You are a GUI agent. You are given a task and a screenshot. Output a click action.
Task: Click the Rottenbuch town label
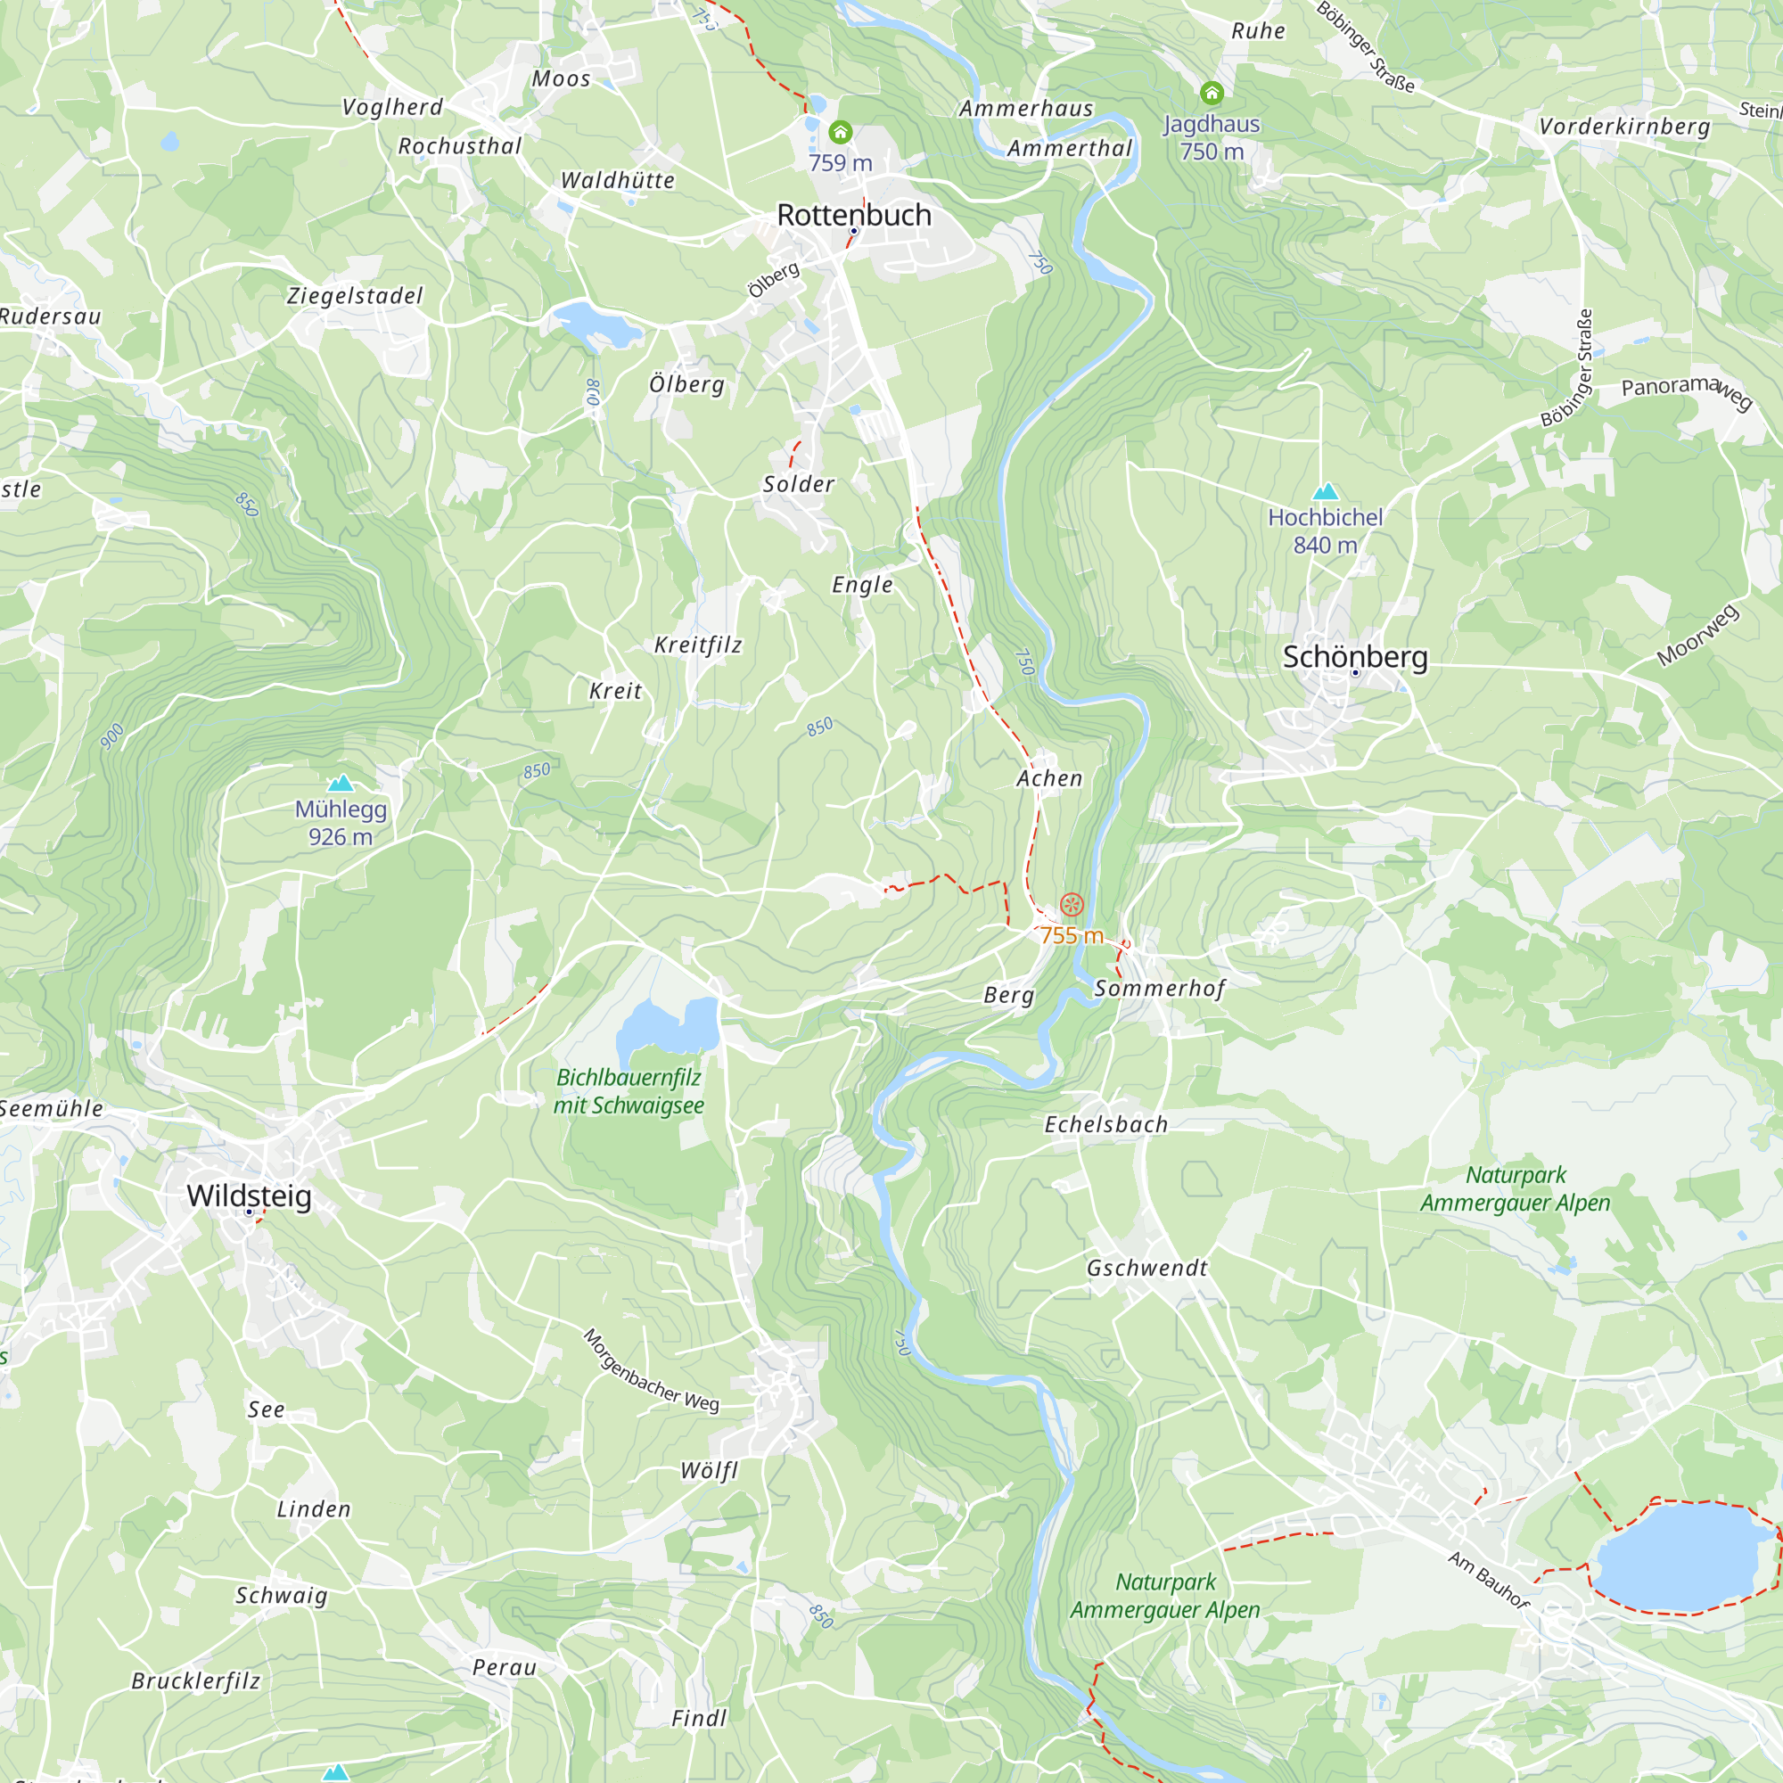tap(854, 215)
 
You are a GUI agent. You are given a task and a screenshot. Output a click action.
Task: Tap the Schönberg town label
tap(1355, 657)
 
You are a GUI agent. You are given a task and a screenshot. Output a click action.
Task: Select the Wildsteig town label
tap(250, 1196)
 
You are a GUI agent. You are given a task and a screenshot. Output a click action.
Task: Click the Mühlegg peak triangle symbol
tap(341, 784)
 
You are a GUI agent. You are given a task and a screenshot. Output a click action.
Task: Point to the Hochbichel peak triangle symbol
tap(1326, 492)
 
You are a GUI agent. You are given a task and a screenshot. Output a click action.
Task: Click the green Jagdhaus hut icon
tap(1211, 94)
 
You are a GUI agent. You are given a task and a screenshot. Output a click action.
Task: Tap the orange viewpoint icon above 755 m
tap(1072, 904)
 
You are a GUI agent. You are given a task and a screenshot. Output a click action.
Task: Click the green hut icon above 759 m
tap(840, 132)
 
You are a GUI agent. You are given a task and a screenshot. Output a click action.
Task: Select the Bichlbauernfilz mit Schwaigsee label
tap(629, 1091)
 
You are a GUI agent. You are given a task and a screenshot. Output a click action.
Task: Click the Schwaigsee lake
tap(670, 1027)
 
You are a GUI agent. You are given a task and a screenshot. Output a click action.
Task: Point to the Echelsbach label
tap(1105, 1124)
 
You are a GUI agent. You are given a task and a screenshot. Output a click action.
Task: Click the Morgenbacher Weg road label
tap(652, 1370)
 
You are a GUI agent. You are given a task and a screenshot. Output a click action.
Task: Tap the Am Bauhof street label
tap(1488, 1579)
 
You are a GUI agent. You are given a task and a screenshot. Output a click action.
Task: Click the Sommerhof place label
tap(1159, 989)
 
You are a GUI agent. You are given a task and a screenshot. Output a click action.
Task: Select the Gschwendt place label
tap(1146, 1268)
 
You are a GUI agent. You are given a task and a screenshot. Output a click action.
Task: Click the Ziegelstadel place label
tap(355, 296)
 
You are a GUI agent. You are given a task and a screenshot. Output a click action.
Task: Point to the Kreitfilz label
tap(698, 645)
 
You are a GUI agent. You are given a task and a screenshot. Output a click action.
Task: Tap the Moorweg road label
tap(1697, 635)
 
